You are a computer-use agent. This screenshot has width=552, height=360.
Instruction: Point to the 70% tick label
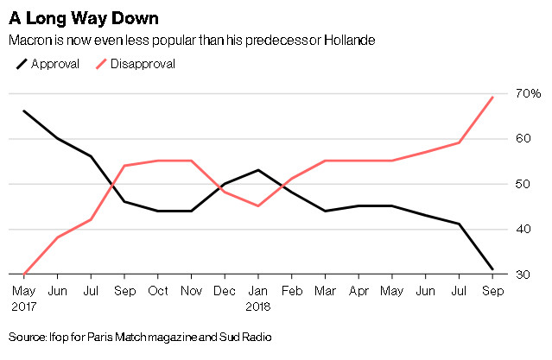[x=529, y=93]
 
